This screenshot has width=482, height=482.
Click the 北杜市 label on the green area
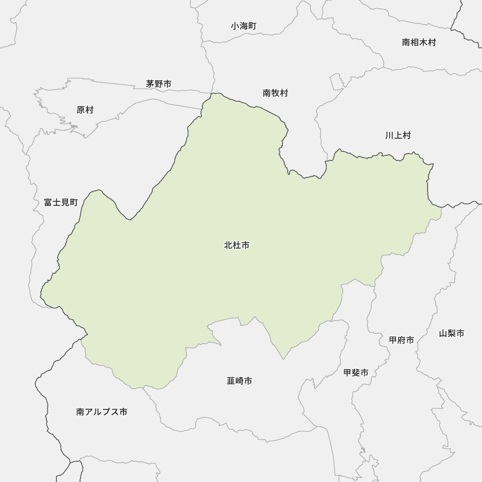[237, 245]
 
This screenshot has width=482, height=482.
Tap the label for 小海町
[243, 26]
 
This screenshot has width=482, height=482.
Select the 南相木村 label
[419, 42]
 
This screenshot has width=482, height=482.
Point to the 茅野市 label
[159, 84]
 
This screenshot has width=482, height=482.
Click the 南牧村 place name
[275, 93]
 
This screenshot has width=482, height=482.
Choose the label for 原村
[85, 110]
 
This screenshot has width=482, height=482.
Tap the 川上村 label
[398, 135]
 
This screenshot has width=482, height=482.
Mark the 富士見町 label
[61, 202]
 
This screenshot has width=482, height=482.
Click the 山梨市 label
[452, 333]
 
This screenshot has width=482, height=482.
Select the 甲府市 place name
[402, 340]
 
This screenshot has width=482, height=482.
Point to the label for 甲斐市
[356, 373]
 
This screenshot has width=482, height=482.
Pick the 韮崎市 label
[239, 381]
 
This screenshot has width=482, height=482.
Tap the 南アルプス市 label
[102, 412]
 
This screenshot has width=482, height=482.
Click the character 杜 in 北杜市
[237, 245]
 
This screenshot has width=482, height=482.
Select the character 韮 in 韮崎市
[231, 381]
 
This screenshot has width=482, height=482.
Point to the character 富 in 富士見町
[48, 202]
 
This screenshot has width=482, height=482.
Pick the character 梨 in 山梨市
[452, 333]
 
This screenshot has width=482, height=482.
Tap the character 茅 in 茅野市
[150, 84]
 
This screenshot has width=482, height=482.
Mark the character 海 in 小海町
[243, 26]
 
